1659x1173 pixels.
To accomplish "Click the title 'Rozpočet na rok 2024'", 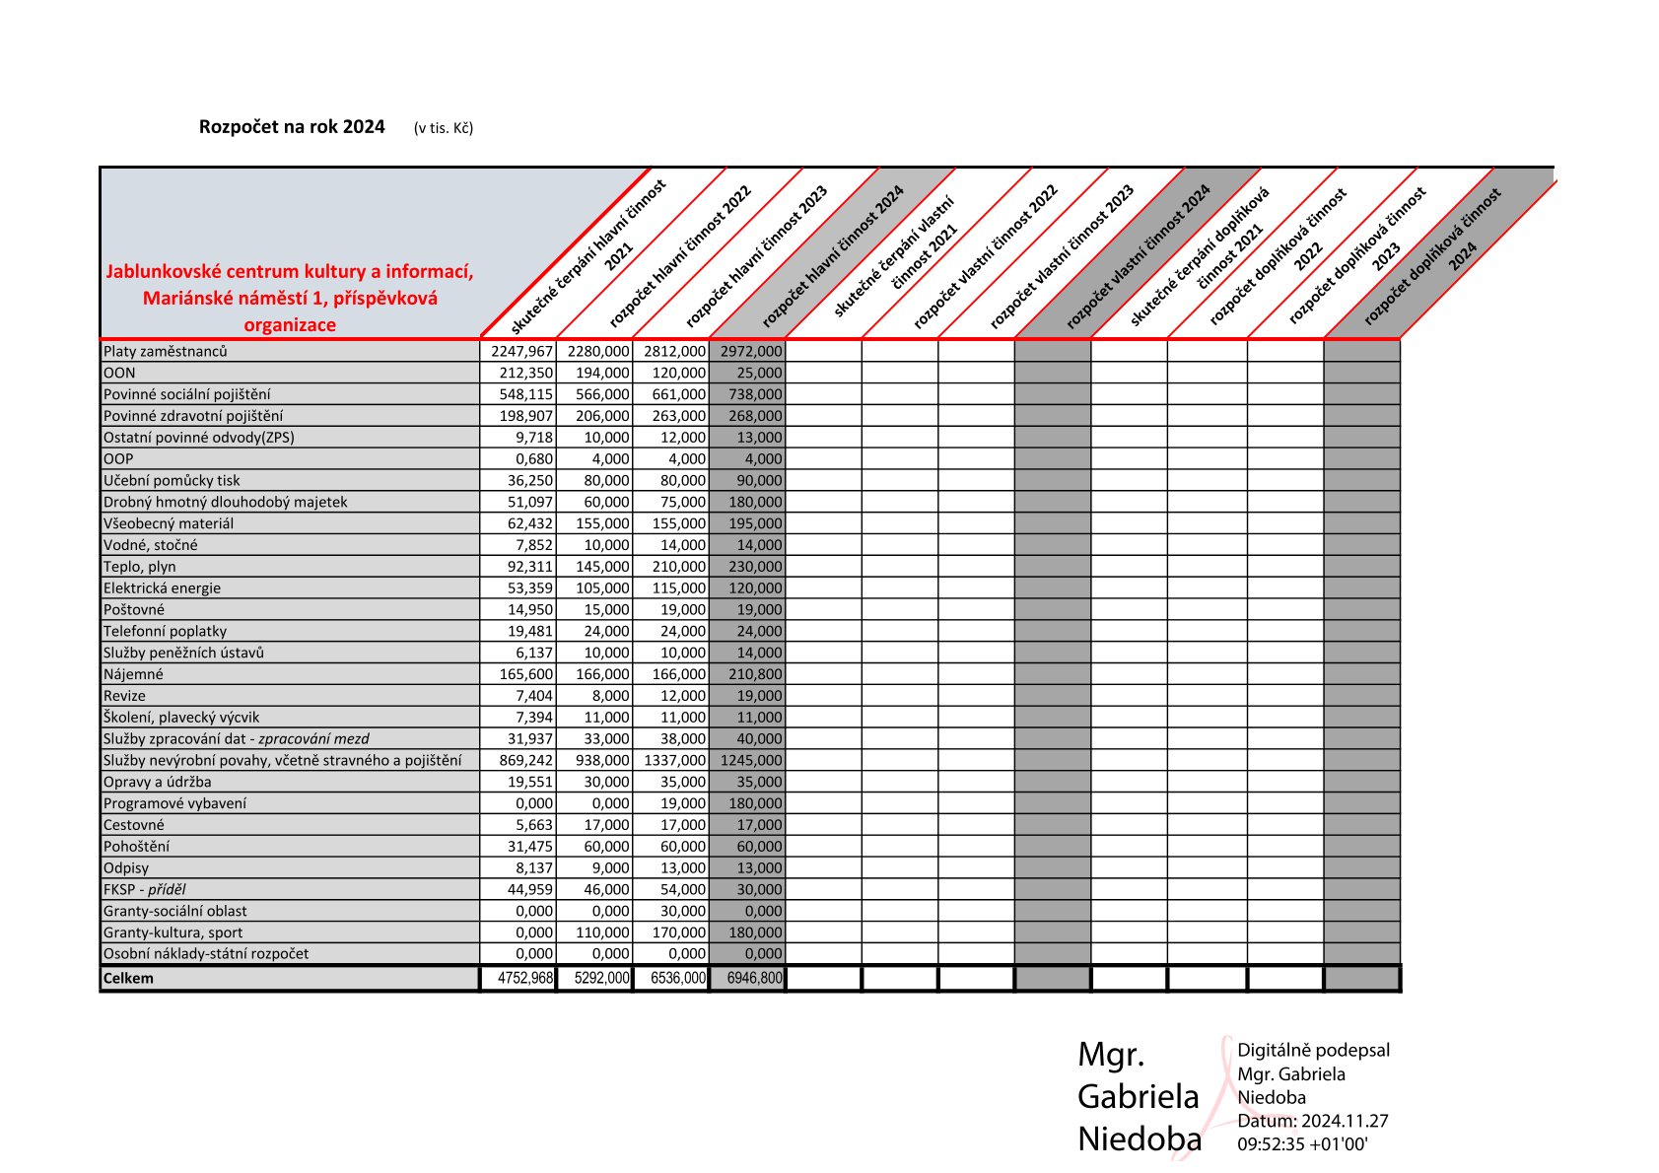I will [292, 127].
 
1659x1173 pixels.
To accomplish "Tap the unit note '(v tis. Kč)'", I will [444, 128].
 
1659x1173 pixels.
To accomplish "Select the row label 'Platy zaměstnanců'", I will [166, 352].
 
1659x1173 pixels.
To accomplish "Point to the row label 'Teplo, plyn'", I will [140, 567].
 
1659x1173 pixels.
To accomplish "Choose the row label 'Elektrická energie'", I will [163, 588].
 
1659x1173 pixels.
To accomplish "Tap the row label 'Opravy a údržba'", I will [158, 782].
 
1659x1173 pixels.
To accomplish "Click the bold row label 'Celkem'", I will [129, 979].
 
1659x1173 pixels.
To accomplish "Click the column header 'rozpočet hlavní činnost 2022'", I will [680, 255].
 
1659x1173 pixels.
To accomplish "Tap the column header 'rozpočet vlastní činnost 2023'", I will [1062, 256].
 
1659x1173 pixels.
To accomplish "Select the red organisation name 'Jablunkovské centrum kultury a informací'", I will [290, 271].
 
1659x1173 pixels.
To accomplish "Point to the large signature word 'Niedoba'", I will [1140, 1139].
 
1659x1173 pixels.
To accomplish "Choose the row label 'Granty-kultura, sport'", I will [173, 932].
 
